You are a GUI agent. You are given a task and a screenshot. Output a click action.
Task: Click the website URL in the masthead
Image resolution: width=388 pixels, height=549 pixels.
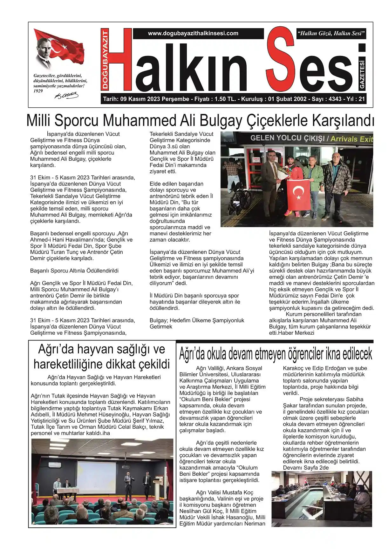point(193,33)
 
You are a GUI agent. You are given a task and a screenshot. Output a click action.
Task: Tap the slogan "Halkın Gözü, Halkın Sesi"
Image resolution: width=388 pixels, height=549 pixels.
point(331,33)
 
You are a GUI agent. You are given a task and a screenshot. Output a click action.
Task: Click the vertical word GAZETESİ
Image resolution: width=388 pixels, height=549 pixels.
point(362,75)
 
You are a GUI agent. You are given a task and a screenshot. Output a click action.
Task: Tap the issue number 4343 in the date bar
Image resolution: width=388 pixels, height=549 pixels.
point(335,99)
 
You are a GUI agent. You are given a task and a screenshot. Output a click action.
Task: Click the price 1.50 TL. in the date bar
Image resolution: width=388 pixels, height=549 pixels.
point(225,99)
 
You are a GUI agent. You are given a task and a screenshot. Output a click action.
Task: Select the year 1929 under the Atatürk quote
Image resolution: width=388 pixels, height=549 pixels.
point(38,91)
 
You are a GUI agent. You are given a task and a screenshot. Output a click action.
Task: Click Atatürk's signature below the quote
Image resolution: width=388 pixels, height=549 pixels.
point(67,95)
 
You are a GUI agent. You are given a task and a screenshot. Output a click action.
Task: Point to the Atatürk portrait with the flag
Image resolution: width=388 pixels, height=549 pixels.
point(57,49)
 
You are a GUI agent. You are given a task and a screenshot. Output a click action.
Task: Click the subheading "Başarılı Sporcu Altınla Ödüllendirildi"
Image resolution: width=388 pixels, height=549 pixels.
point(74,271)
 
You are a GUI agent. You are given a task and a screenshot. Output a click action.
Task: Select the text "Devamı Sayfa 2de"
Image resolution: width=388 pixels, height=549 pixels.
point(306,468)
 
